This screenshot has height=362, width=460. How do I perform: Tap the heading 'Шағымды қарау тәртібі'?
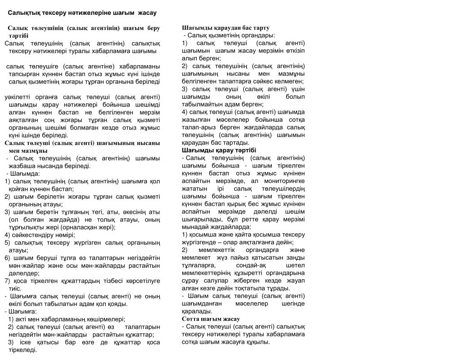(x=219, y=150)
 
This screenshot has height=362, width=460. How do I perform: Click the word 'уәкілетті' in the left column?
(x=20, y=97)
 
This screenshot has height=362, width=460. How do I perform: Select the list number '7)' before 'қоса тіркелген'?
(x=8, y=281)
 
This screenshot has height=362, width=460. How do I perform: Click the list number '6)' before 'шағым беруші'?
(x=8, y=258)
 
